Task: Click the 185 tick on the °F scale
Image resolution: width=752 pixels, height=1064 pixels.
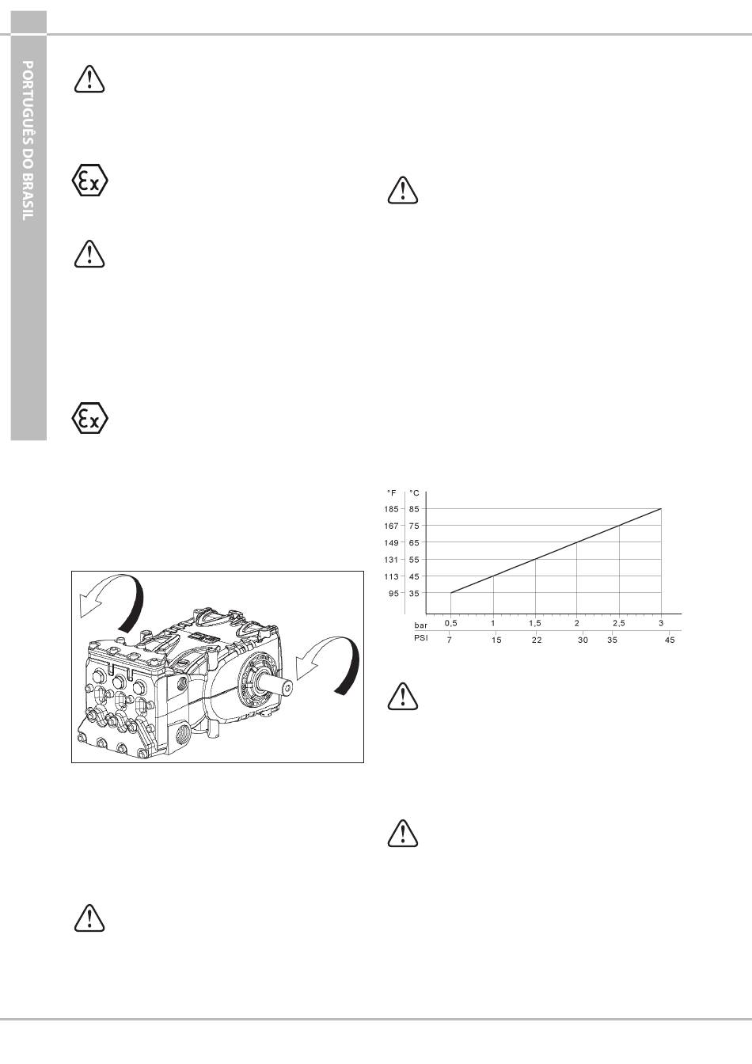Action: (391, 509)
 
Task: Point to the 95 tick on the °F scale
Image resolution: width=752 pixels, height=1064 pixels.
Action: (393, 593)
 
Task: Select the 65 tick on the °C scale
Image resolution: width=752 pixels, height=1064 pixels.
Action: (414, 542)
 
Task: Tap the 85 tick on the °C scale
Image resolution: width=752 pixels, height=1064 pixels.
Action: (414, 509)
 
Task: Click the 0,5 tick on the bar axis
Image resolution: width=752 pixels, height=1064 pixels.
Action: (450, 623)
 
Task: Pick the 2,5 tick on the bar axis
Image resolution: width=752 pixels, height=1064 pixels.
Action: (618, 623)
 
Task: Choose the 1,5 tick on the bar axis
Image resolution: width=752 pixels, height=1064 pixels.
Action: (535, 623)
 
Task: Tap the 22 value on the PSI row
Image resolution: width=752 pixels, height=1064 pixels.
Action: (537, 640)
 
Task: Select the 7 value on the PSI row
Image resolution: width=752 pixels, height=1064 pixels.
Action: (450, 640)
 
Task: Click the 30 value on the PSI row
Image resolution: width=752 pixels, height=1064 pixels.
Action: (583, 640)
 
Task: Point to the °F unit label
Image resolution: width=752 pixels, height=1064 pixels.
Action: (391, 493)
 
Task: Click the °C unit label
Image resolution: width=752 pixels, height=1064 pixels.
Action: (414, 493)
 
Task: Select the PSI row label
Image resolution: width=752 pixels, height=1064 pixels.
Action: (421, 638)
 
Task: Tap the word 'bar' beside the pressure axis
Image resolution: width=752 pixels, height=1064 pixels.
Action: (420, 625)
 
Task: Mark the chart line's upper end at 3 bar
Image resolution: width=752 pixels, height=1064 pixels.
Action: (661, 509)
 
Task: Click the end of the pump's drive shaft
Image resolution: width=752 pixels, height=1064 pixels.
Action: (288, 688)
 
